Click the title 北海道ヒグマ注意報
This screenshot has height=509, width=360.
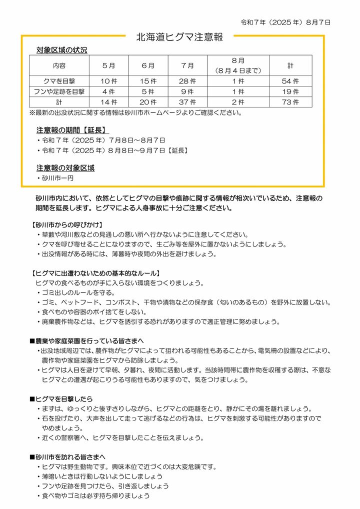pyautogui.click(x=179, y=37)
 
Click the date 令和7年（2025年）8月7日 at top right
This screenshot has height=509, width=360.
pyautogui.click(x=285, y=22)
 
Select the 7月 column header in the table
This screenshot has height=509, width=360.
pyautogui.click(x=188, y=65)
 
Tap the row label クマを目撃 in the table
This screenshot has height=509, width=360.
pyautogui.click(x=58, y=81)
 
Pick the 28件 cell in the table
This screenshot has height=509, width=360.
pyautogui.click(x=188, y=81)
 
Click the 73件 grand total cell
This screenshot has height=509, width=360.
pyautogui.click(x=290, y=102)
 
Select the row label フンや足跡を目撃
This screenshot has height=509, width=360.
pyautogui.click(x=58, y=91)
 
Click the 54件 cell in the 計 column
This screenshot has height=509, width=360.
pyautogui.click(x=290, y=81)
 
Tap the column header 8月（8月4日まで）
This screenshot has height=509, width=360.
pyautogui.click(x=238, y=65)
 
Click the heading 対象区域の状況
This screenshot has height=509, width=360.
pyautogui.click(x=61, y=50)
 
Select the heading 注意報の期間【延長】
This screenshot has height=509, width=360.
pyautogui.click(x=73, y=130)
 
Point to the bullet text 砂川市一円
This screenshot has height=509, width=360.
pyautogui.click(x=57, y=177)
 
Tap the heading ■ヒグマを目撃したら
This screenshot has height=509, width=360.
pyautogui.click(x=61, y=399)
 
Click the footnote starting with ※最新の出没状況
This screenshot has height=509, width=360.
pyautogui.click(x=135, y=112)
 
